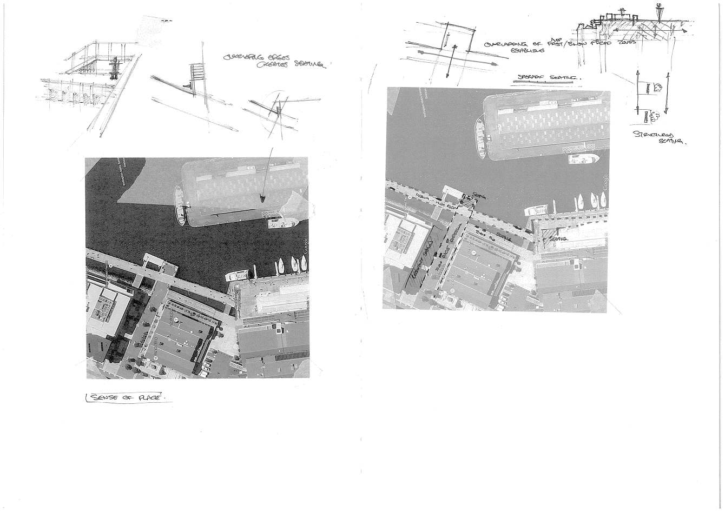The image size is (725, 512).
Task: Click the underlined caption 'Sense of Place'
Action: pyautogui.click(x=128, y=398)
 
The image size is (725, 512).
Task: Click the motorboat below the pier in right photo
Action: pyautogui.click(x=584, y=159)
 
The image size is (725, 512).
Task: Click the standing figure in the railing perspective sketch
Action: pyautogui.click(x=115, y=68)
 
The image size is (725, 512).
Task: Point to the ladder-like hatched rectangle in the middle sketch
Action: pyautogui.click(x=197, y=72)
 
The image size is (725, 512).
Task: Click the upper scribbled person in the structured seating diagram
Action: pyautogui.click(x=657, y=88)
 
